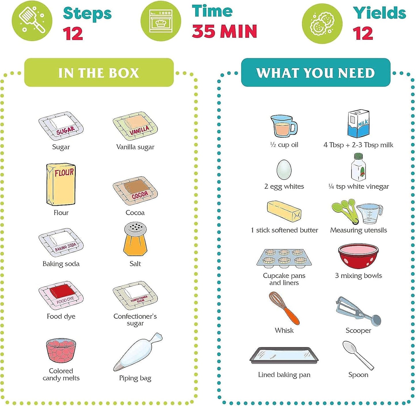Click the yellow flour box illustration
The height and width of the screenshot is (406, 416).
click(x=61, y=184)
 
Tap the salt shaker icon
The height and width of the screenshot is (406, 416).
click(x=135, y=239)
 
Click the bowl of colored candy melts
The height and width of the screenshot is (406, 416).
click(x=61, y=350)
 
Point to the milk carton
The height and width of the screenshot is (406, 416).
click(x=358, y=124)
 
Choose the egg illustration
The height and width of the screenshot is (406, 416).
click(x=284, y=170)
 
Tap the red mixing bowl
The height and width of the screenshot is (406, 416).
click(x=358, y=256)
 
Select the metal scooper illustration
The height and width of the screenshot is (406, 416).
click(x=358, y=311)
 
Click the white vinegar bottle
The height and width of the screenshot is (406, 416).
click(x=358, y=167)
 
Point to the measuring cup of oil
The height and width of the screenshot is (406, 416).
click(x=283, y=126)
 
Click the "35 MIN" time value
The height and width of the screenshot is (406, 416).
click(x=224, y=31)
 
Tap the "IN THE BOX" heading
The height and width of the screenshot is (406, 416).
click(x=99, y=73)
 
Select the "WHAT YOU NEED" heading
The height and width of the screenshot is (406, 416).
click(x=316, y=73)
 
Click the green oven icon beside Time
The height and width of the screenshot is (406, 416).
click(x=161, y=21)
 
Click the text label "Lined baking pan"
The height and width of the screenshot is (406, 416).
click(x=284, y=375)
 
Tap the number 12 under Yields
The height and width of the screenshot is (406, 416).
click(x=363, y=33)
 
